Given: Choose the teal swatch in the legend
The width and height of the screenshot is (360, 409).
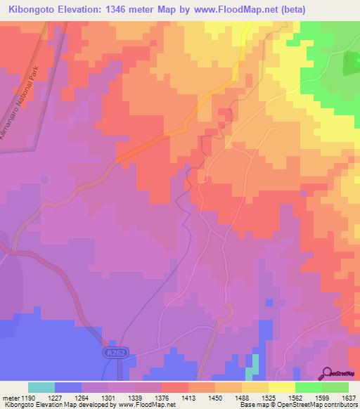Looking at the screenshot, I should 41,387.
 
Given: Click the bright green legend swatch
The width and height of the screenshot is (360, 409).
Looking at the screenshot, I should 308,387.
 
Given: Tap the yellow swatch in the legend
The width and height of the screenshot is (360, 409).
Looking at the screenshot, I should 281,387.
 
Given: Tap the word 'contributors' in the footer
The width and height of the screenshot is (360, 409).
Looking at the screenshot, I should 340,405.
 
